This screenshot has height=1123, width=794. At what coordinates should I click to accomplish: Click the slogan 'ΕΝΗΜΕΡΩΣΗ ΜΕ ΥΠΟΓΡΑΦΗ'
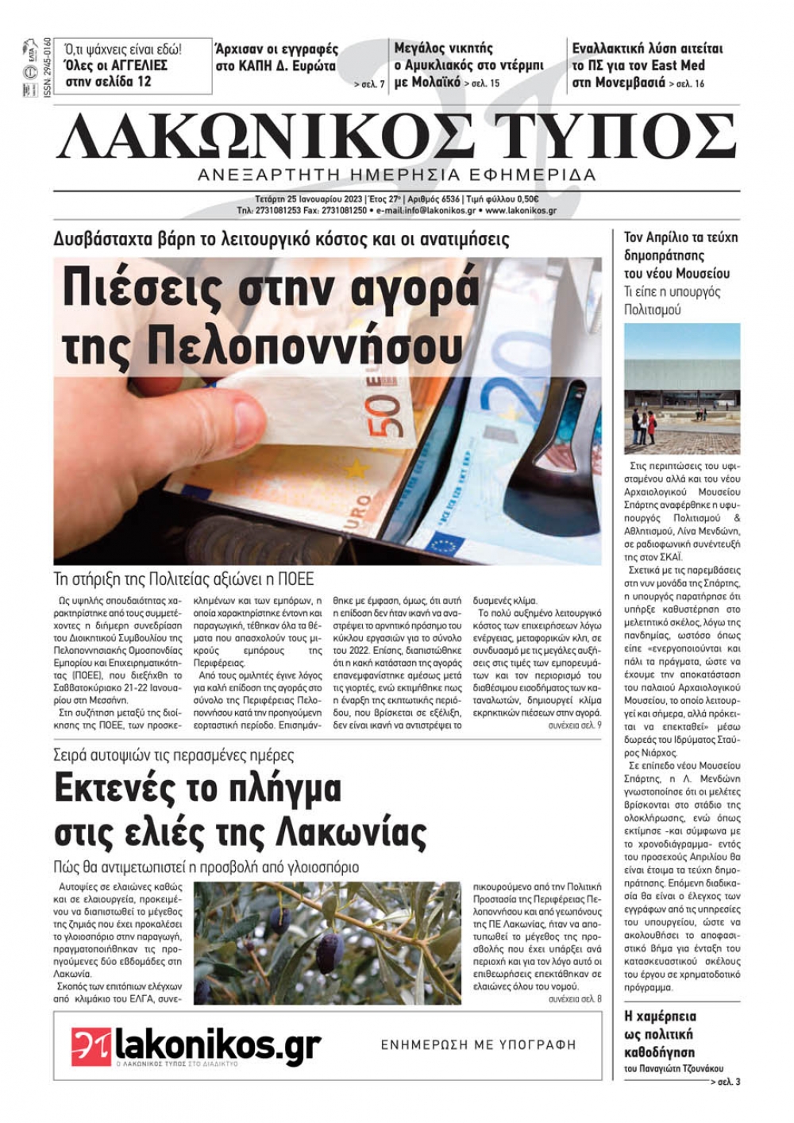click(478, 1045)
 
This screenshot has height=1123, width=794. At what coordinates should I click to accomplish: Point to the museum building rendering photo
click(682, 388)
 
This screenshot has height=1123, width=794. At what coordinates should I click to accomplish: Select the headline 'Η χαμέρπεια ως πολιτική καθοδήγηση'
click(661, 1034)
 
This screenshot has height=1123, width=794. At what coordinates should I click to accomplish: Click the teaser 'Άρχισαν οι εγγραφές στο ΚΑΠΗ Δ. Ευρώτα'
click(277, 58)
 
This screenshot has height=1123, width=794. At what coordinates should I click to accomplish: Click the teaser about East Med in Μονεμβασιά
click(646, 65)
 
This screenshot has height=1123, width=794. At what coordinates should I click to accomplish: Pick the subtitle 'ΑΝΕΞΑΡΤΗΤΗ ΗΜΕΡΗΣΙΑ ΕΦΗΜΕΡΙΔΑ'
click(397, 175)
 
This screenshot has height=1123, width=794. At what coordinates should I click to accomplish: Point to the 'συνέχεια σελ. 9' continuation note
click(574, 725)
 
